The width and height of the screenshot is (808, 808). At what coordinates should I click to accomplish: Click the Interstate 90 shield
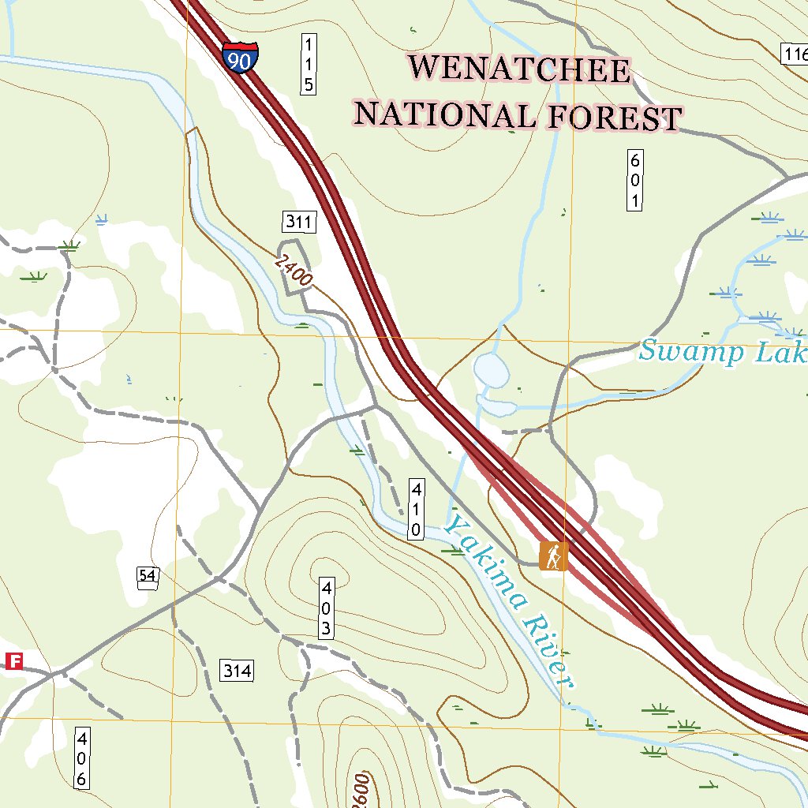click(x=240, y=58)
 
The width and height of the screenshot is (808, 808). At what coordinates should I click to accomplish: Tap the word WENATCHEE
click(x=520, y=69)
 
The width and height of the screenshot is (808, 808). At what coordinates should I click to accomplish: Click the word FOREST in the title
click(x=613, y=118)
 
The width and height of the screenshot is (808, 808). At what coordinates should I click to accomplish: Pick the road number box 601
click(x=634, y=180)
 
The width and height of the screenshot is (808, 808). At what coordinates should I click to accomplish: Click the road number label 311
click(x=299, y=222)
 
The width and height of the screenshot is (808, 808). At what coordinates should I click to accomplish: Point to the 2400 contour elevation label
click(x=294, y=271)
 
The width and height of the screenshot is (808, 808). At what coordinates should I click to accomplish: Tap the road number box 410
click(x=415, y=508)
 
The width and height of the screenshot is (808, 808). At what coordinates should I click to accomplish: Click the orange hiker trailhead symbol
click(x=553, y=555)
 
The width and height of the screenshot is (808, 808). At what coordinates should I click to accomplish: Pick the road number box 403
click(x=326, y=608)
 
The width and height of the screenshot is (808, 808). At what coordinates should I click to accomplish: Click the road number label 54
click(x=147, y=575)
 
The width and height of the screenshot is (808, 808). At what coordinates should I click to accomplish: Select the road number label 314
click(x=237, y=671)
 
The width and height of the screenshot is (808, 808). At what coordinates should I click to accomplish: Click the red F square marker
click(x=13, y=661)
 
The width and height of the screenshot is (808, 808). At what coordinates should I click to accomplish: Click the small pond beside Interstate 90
click(x=490, y=370)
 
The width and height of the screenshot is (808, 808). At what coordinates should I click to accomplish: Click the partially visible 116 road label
click(x=795, y=54)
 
